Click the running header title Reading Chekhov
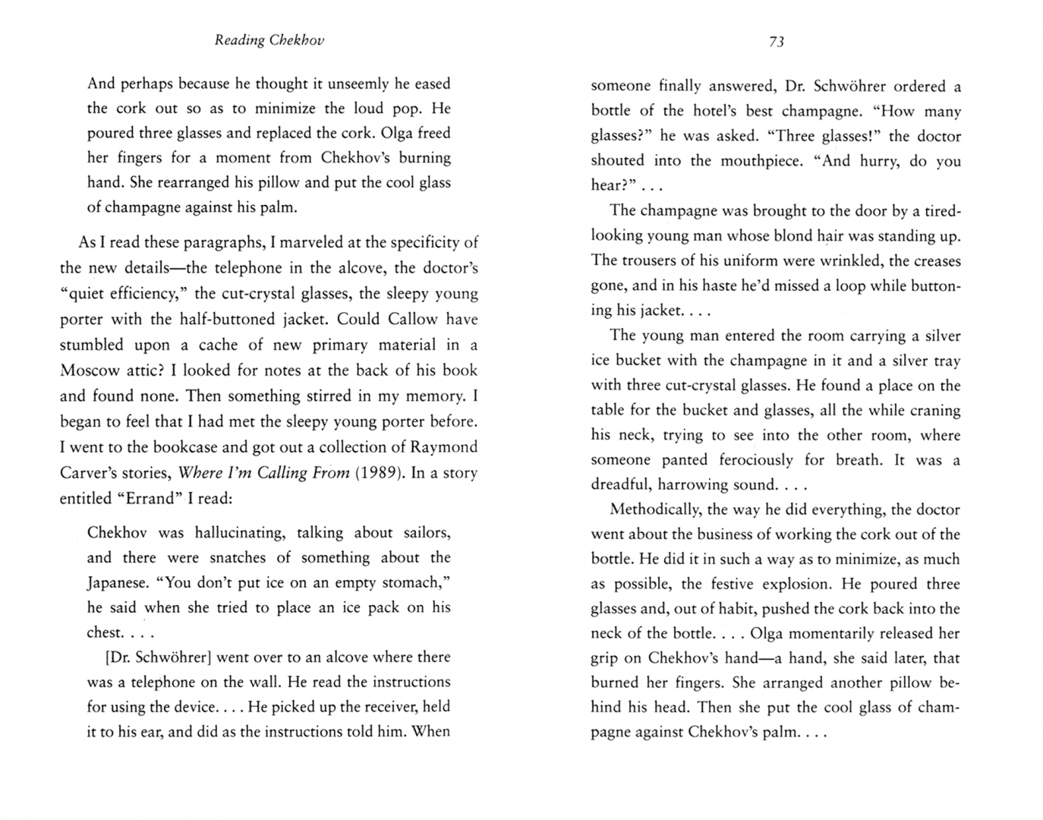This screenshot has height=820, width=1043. pos(269,40)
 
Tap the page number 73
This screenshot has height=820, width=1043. pos(776,42)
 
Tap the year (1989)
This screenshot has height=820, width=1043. pos(378,472)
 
